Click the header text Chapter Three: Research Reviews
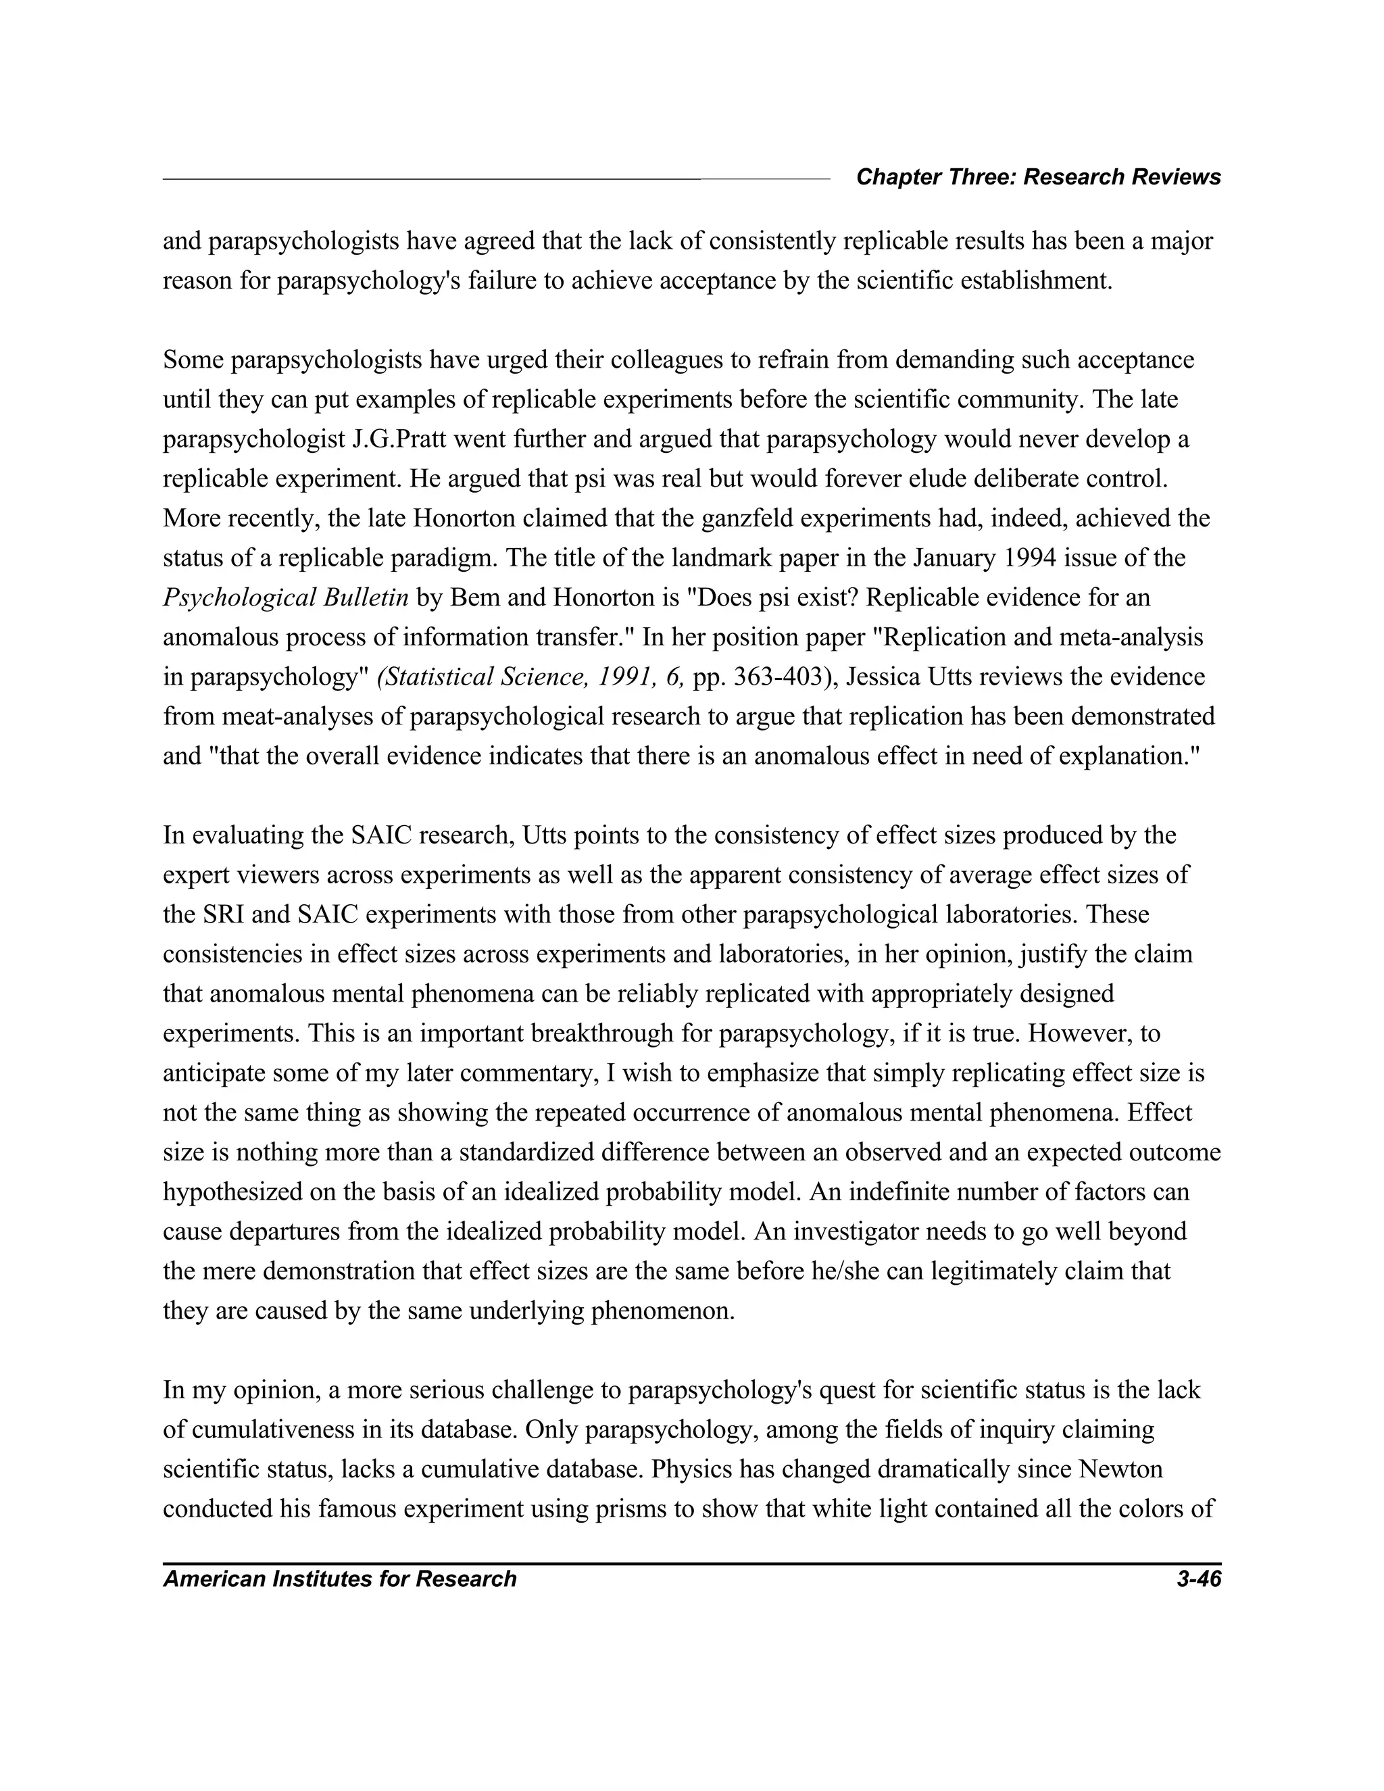(1038, 177)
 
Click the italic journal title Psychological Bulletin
(285, 598)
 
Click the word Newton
(1121, 1469)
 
